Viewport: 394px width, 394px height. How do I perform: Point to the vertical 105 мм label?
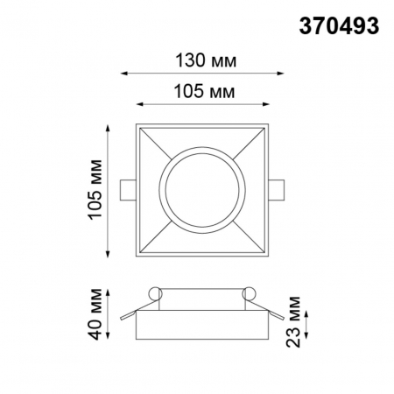pyautogui.click(x=97, y=189)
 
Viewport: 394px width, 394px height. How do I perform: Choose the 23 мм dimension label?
pyautogui.click(x=299, y=323)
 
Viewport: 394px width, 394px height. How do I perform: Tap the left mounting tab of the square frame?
pyautogui.click(x=128, y=188)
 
